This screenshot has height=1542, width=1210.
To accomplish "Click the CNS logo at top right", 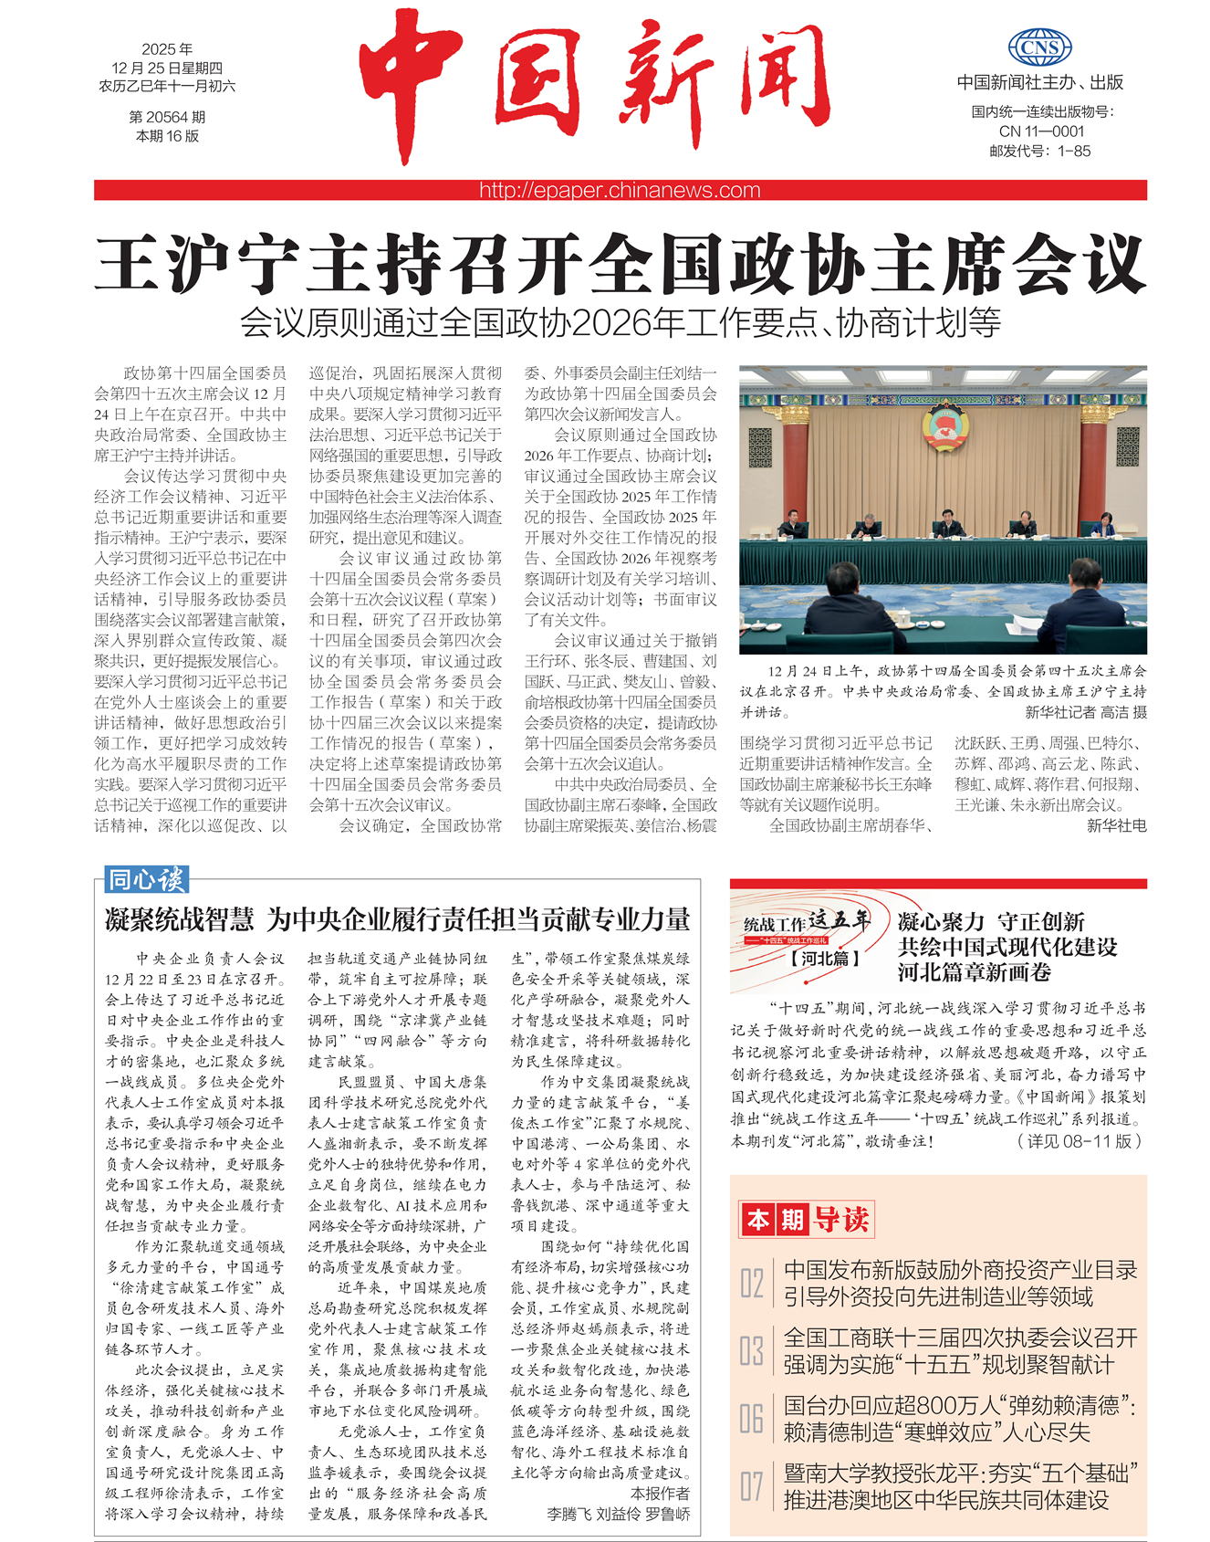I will coord(1039,48).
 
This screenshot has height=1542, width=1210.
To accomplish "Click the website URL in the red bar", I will coord(620,190).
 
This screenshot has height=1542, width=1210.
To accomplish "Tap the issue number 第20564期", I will coord(167,117).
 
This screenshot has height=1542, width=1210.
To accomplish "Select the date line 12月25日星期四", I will coord(167,68).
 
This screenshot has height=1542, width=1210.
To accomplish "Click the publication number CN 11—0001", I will coord(1041,131).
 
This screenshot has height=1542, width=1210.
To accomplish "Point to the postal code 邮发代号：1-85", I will coord(1040,151).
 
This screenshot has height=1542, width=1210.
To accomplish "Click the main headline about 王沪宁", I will coord(620,263).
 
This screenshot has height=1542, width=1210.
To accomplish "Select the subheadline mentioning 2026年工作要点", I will coord(620,322).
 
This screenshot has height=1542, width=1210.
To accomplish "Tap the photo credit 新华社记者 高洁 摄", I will coord(1085,712).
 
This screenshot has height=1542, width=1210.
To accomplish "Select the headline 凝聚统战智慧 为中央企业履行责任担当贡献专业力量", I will coord(397,919).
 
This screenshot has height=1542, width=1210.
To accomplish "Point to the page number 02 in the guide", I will coord(752,1283).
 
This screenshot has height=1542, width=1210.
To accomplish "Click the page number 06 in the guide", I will coord(752,1418).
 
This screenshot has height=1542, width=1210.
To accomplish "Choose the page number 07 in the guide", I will coord(752,1486).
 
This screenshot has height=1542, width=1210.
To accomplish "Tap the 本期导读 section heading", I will coord(807,1219).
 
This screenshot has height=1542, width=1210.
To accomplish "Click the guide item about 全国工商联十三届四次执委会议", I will coord(960,1350).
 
